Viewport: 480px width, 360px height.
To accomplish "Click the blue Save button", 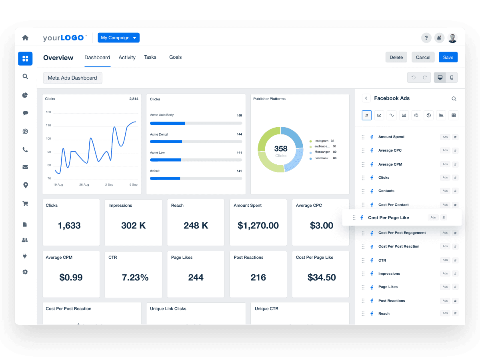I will [448, 57].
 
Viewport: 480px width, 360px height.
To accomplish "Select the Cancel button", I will [423, 57].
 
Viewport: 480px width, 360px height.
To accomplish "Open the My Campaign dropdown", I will [118, 38].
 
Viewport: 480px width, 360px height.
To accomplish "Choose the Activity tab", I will [127, 57].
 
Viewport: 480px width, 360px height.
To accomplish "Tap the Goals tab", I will [175, 57].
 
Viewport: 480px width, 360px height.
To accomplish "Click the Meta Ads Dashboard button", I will [72, 78].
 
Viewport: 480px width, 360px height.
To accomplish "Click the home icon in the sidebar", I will [25, 38].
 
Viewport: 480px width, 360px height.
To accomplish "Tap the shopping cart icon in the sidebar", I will [25, 203].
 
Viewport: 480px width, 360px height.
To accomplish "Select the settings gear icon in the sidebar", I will [25, 272].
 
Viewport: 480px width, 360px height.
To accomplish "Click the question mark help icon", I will [426, 38].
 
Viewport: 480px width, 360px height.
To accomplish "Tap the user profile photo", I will [452, 38].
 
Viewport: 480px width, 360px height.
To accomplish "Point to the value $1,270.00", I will [258, 226].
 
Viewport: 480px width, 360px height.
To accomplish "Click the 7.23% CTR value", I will [135, 278].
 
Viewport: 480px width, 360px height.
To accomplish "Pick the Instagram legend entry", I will [321, 141].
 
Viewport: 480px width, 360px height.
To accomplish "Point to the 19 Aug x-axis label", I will [58, 184].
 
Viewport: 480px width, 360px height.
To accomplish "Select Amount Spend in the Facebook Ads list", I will [391, 137].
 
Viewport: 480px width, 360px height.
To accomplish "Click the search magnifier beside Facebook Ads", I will [454, 98].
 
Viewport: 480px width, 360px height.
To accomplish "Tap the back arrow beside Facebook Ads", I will [366, 98].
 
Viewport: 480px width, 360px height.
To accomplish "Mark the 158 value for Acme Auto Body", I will [239, 115].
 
